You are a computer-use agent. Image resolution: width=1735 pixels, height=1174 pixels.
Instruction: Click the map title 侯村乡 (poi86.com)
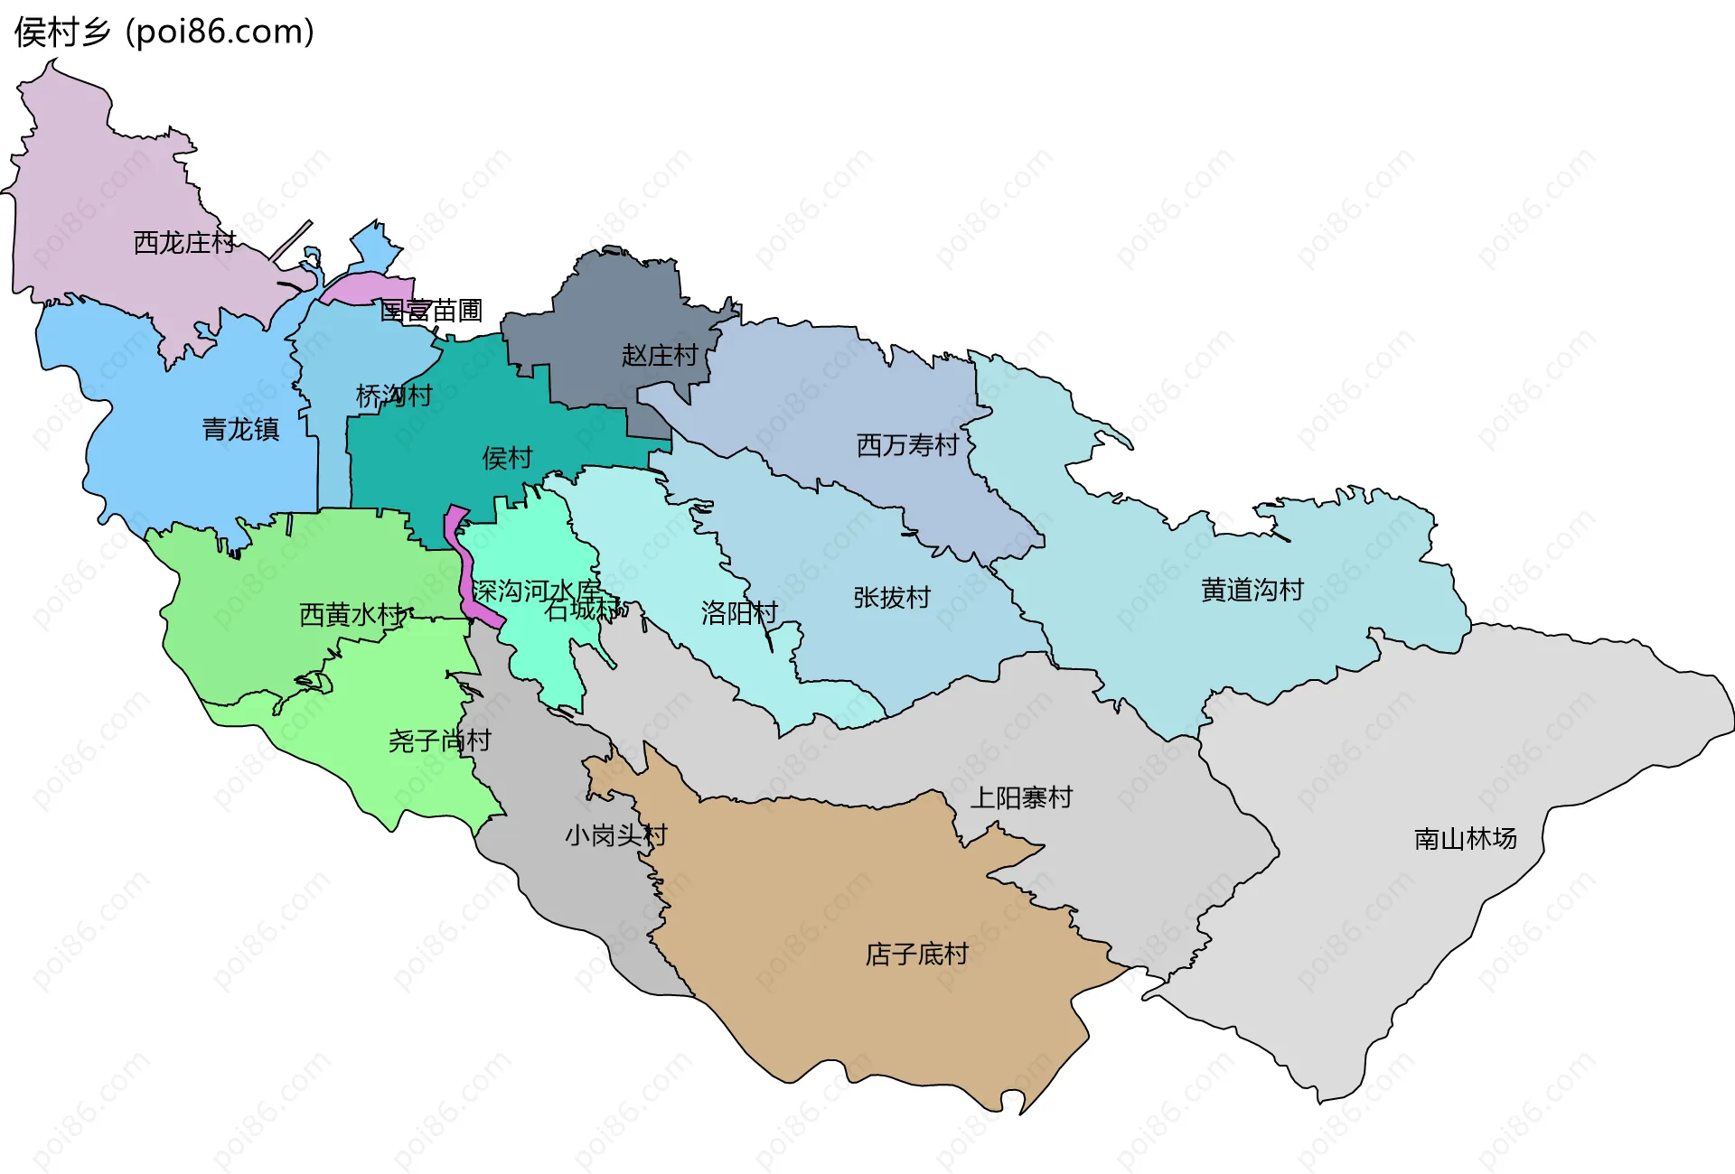[x=164, y=32]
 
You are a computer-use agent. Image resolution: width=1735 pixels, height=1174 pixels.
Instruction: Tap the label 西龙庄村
[x=184, y=242]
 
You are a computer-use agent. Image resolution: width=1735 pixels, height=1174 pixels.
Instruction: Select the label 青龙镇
[x=240, y=428]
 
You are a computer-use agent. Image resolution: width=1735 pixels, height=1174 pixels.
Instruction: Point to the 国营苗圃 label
[x=431, y=311]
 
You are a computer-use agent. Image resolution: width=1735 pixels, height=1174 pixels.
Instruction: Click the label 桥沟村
[x=394, y=396]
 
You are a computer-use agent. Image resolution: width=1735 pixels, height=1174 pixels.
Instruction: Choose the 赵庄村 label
[x=660, y=355]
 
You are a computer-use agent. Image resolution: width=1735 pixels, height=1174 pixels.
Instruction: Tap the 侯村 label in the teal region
[x=507, y=458]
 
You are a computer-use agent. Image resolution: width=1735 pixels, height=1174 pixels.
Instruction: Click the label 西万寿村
[x=906, y=445]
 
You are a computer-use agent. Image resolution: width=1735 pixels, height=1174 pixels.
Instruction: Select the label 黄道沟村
[x=1252, y=590]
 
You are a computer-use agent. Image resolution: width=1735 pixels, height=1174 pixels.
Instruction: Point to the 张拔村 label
[x=891, y=597]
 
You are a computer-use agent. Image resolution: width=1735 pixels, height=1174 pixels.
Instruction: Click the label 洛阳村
[x=739, y=613]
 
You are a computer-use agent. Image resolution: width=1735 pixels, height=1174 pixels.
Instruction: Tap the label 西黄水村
[x=351, y=615]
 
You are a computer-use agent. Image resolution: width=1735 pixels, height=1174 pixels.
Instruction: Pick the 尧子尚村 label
[x=439, y=741]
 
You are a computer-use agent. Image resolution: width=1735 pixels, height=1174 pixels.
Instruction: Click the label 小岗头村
[x=615, y=834]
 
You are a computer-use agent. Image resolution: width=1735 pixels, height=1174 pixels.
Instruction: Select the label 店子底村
[x=916, y=954]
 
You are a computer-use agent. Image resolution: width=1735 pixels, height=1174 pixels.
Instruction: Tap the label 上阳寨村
[x=1020, y=797]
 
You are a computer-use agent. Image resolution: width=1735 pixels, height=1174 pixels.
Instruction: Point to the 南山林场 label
[x=1465, y=838]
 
